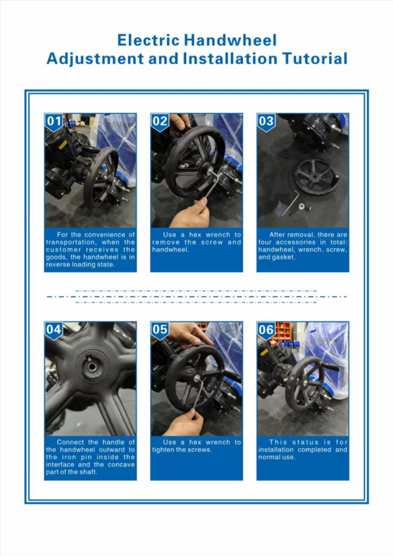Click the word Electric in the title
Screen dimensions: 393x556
pyautogui.click(x=149, y=40)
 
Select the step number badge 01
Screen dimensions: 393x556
pyautogui.click(x=54, y=122)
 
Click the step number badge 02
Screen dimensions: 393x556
pyautogui.click(x=160, y=122)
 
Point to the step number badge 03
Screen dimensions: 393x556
pyautogui.click(x=266, y=122)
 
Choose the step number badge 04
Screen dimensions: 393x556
pyautogui.click(x=54, y=330)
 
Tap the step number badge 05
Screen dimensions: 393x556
pyautogui.click(x=160, y=330)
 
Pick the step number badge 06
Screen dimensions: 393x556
pyautogui.click(x=266, y=330)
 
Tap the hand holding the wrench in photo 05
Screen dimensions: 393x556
pyautogui.click(x=184, y=422)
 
